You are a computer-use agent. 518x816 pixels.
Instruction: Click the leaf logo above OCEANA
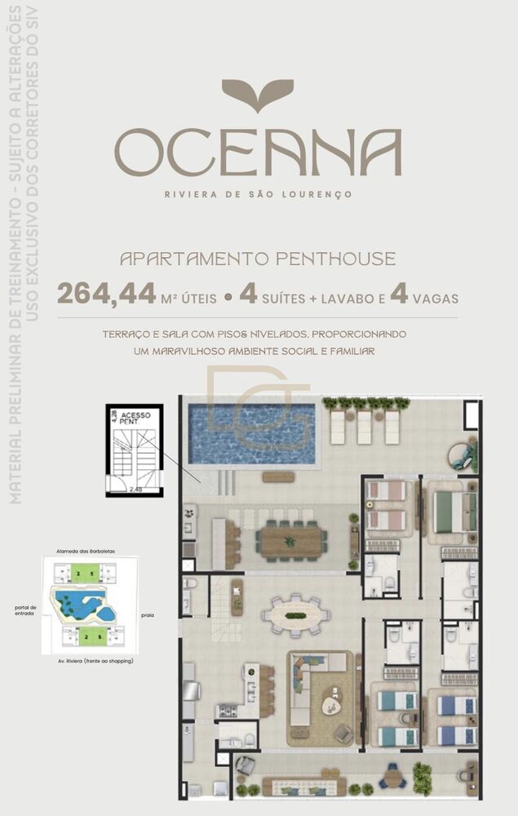click(x=257, y=95)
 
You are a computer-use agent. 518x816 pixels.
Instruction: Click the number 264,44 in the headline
click(x=106, y=294)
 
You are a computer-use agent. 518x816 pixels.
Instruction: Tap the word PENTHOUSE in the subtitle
click(x=335, y=259)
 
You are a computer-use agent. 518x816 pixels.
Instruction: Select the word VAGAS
click(x=435, y=298)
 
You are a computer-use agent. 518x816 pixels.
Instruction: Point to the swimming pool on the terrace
click(x=252, y=433)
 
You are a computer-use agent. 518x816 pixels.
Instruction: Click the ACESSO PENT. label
click(x=135, y=419)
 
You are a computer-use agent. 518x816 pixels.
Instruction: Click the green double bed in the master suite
click(x=452, y=511)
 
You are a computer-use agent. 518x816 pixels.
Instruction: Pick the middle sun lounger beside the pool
click(x=364, y=426)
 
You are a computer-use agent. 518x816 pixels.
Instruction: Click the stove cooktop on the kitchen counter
click(x=226, y=711)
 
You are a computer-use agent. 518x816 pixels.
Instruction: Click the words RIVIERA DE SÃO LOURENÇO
click(x=258, y=194)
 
